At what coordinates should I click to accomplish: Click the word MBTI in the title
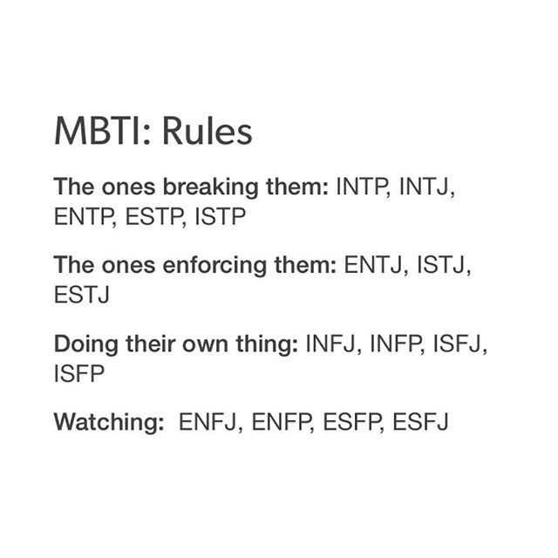[x=98, y=132]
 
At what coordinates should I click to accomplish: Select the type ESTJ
[x=81, y=295]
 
